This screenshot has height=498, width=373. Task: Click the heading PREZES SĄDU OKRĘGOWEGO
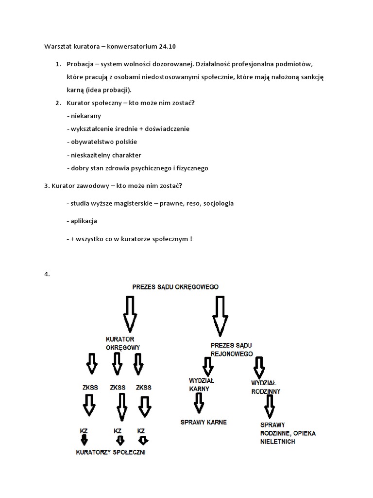point(175,287)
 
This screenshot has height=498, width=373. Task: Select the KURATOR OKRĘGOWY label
point(123,343)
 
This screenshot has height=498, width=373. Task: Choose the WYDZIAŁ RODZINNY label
point(266,387)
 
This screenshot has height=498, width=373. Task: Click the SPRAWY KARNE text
point(203,422)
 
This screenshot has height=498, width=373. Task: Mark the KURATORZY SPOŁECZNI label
point(111,452)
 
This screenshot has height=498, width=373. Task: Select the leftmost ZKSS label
point(91,388)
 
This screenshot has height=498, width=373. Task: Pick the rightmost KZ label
point(141,431)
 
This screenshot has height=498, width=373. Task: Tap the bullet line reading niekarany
point(84,116)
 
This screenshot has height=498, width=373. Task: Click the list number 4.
point(47,274)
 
